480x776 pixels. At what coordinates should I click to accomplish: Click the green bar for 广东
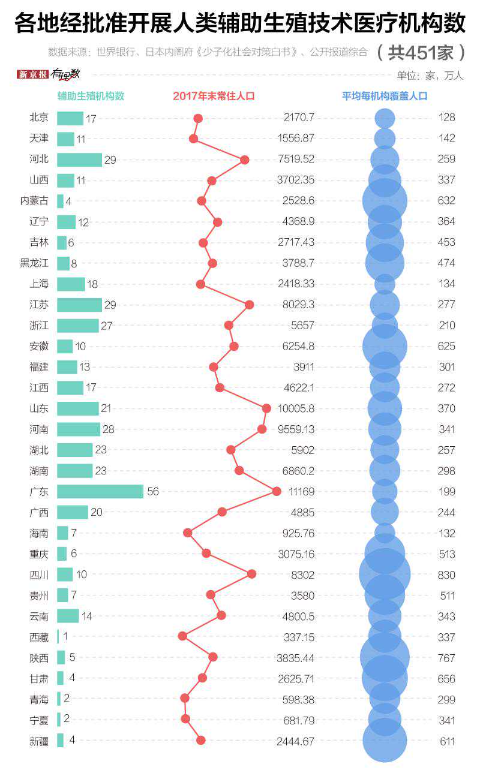[100, 492]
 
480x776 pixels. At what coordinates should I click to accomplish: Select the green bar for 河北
[79, 160]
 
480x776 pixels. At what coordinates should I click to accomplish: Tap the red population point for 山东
[266, 408]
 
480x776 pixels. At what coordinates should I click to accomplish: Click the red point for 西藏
[182, 636]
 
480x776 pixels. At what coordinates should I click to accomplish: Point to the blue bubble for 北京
[385, 118]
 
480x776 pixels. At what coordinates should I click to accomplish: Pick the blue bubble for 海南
[385, 533]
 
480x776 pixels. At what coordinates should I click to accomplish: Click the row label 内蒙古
[34, 201]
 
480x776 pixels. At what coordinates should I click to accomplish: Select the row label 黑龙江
[34, 263]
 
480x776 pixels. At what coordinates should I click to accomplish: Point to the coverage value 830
[446, 575]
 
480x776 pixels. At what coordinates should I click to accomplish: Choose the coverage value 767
[446, 658]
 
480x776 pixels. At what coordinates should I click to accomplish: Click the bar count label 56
[153, 492]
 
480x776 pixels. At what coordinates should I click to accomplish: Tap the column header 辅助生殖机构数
[91, 96]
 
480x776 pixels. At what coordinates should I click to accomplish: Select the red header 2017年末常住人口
[214, 96]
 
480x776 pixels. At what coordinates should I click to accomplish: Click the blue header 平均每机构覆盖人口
[385, 96]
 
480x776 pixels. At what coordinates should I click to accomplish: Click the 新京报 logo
[32, 74]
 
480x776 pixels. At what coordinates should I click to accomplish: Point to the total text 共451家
[421, 53]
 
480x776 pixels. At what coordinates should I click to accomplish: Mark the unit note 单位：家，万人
[430, 76]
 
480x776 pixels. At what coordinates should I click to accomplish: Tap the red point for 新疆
[201, 740]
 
